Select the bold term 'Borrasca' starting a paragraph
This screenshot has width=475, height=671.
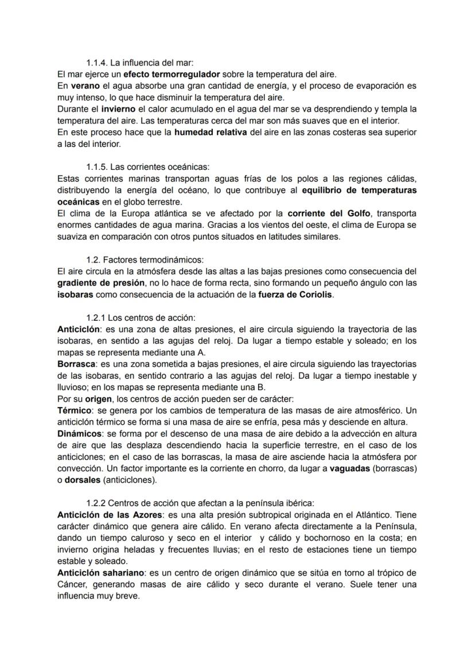(x=76, y=364)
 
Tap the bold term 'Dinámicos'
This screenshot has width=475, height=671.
(x=79, y=434)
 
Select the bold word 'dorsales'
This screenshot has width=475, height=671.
(x=83, y=480)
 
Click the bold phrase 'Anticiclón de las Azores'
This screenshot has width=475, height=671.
(x=110, y=515)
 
